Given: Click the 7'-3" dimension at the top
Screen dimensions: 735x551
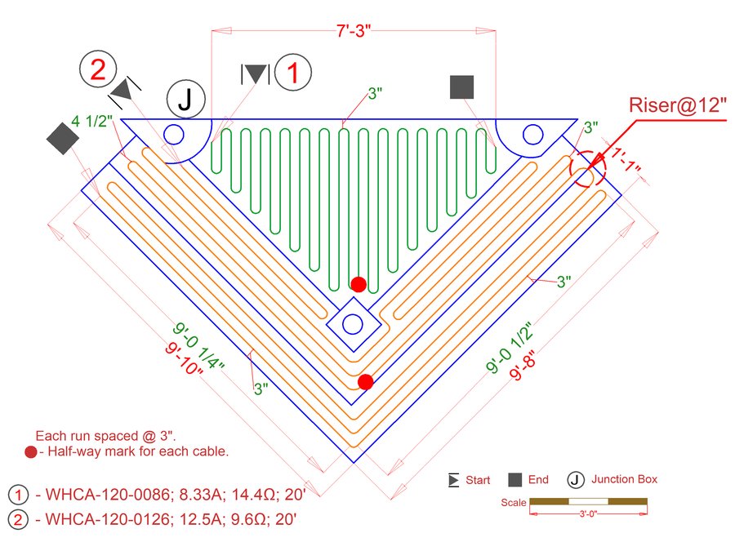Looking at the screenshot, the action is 354,30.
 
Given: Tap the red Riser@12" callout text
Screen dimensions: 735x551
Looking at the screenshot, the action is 677,105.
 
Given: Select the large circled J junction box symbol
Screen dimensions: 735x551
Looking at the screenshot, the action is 186,100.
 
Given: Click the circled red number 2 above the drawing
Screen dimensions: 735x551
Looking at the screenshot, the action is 98,69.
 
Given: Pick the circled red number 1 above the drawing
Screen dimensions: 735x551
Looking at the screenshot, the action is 293,73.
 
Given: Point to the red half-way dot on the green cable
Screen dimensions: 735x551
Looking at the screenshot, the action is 359,284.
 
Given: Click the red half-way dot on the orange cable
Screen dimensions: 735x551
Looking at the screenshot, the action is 366,382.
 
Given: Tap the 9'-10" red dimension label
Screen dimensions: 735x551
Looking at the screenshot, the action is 185,359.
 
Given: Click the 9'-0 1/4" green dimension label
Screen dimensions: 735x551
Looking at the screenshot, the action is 198,347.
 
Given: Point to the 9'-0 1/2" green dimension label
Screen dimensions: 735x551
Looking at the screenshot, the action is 510,347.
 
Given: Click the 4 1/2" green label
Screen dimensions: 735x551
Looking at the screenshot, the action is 91,122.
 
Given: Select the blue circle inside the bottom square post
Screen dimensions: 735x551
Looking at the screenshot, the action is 353,324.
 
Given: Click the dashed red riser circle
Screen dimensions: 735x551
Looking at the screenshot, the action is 588,169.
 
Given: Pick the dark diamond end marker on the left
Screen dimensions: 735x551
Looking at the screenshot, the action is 63,139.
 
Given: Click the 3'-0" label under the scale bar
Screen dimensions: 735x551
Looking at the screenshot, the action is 588,513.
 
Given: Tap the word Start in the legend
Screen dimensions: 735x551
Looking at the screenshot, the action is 478,480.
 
